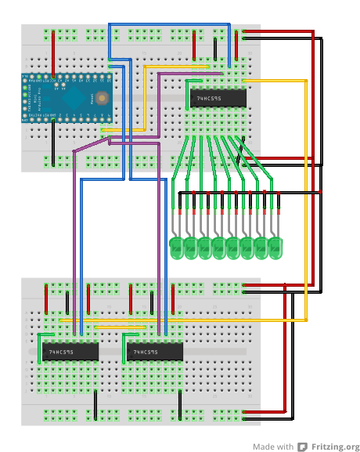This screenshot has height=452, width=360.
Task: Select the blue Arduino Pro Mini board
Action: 67,100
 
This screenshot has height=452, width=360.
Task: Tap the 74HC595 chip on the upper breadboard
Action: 218,98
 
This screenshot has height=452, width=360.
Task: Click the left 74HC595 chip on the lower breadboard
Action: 70,353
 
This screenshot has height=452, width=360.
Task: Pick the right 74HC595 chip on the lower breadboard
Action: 155,353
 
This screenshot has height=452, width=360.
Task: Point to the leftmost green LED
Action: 177,249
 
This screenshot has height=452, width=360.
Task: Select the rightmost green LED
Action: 275,249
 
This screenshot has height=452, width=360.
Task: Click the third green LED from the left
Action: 205,249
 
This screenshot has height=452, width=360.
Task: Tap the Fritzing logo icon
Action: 301,447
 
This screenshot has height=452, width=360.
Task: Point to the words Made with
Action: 272,447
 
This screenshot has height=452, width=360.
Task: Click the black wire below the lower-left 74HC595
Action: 95,403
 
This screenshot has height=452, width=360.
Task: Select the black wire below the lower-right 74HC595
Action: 180,403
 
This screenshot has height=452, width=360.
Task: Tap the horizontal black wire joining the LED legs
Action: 250,192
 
